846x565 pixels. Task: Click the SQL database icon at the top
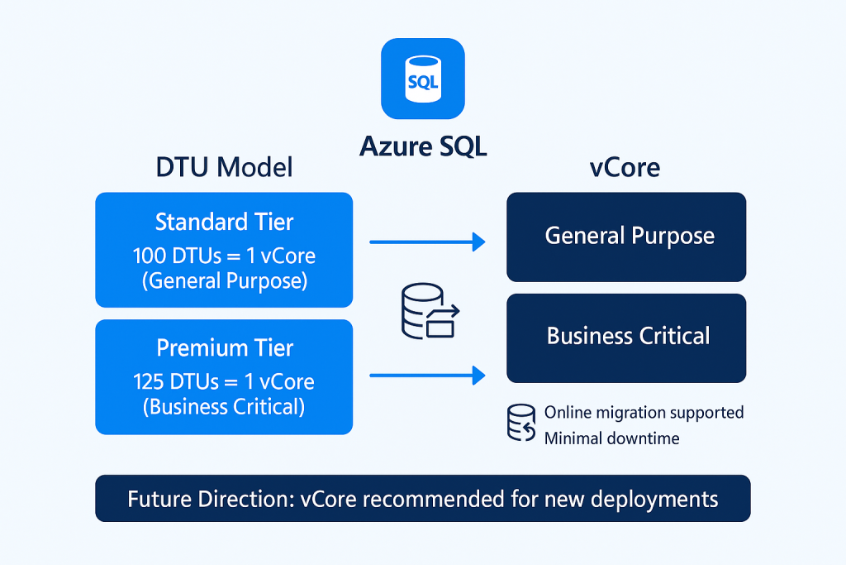point(422,79)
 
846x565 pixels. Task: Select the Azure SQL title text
point(423,146)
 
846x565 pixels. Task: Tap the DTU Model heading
point(224,168)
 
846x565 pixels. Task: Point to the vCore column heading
point(625,168)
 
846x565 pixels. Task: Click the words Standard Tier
point(224,222)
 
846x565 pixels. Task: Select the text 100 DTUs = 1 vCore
point(224,255)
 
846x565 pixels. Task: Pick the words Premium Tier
point(224,348)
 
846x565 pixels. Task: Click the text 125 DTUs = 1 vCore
point(224,381)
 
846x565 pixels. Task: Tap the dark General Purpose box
point(626,237)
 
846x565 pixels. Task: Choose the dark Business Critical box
point(626,337)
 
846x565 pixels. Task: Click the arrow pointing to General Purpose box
point(426,242)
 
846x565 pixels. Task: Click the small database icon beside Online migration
point(520,424)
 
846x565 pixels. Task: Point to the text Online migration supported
point(644,412)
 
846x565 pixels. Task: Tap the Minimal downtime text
point(611,438)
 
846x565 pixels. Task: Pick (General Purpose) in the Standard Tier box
point(224,280)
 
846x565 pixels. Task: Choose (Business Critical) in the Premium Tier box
point(224,406)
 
